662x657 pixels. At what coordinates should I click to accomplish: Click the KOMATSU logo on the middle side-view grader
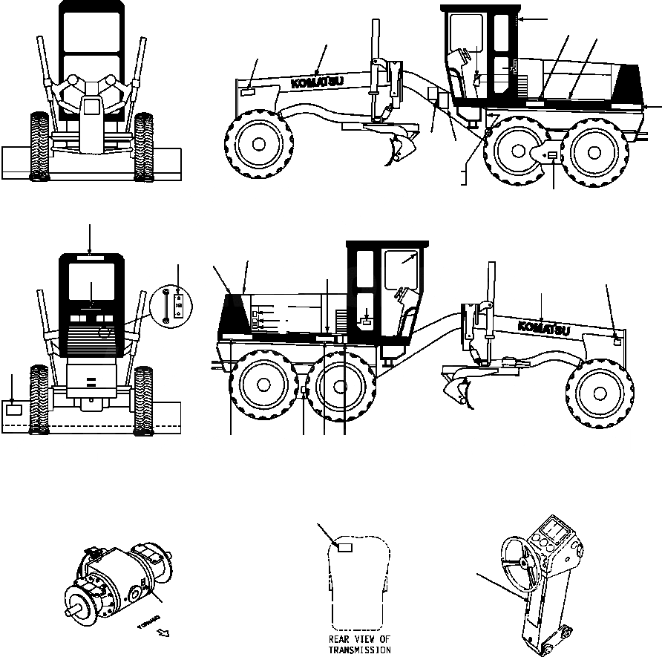(545, 327)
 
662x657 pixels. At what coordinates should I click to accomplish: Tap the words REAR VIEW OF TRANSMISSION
(359, 644)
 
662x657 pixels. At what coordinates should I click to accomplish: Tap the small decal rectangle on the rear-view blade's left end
(14, 408)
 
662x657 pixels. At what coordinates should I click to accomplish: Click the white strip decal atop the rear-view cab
(91, 258)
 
